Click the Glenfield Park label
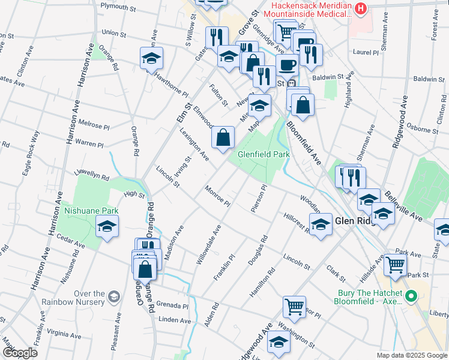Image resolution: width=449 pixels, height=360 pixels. (264, 154)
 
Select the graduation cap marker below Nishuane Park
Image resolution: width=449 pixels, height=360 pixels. (107, 226)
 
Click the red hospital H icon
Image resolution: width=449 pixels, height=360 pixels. (360, 8)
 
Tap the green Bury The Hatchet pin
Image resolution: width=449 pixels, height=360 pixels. (411, 296)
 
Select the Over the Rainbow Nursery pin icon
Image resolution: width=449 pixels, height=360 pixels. (113, 296)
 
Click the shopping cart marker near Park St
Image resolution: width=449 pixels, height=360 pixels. (394, 264)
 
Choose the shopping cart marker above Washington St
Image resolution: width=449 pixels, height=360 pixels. (294, 307)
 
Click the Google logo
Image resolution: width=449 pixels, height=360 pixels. (20, 353)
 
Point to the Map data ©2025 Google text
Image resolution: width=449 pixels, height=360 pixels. (412, 355)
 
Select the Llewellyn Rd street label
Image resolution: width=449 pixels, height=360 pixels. (91, 178)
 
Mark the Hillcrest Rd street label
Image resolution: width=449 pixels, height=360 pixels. (297, 221)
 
